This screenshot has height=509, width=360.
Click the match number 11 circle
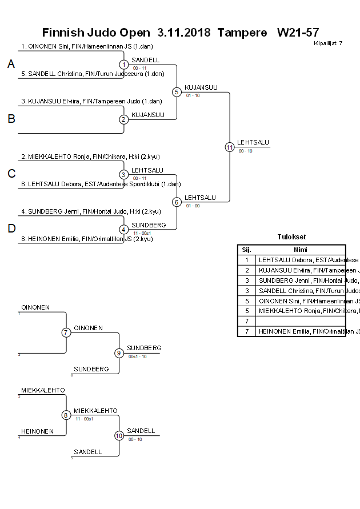point(230,147)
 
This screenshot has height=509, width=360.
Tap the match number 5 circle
point(177,92)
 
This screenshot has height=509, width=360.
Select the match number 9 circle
point(119,353)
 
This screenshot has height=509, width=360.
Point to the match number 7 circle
point(66,332)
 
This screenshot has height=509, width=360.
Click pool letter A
point(11,65)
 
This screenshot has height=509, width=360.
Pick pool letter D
point(11,229)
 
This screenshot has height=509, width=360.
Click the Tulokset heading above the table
point(291,237)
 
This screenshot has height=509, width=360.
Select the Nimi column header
point(301,250)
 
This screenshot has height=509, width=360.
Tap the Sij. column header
point(247,250)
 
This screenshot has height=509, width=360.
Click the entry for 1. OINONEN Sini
point(87,46)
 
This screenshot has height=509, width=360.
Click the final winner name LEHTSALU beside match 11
point(253,142)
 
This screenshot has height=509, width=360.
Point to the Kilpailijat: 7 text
point(328,43)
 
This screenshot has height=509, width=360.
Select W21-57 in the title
point(297,32)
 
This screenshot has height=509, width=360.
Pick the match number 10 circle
point(119,436)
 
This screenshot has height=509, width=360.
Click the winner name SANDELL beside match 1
point(145,60)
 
